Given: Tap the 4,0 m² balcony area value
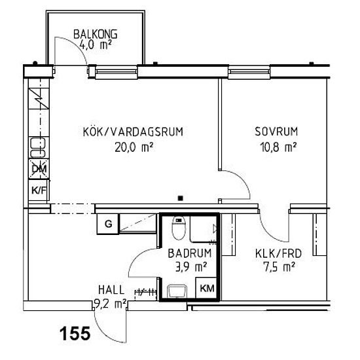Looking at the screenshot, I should click(x=96, y=45).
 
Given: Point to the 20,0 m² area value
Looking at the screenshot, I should click(x=133, y=147).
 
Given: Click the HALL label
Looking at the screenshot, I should click(x=111, y=289).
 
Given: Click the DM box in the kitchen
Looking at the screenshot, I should click(x=37, y=170).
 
